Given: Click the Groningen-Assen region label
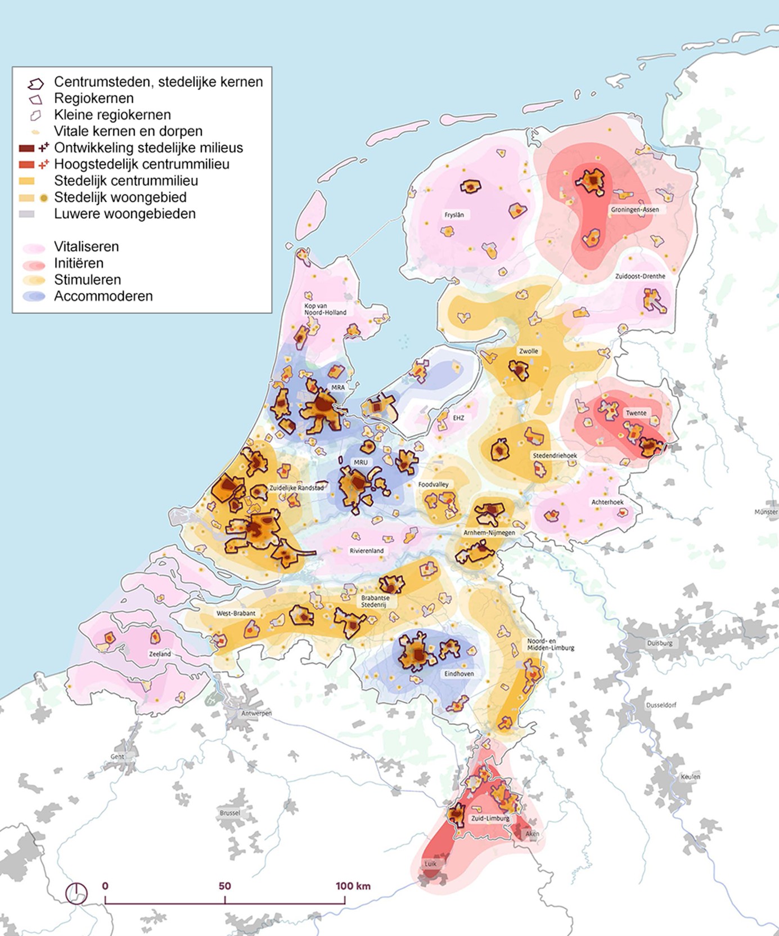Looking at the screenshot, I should click(x=634, y=209).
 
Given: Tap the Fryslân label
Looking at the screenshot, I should click(x=454, y=214).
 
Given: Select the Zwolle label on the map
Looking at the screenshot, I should click(x=528, y=351).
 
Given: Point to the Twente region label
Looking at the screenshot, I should click(x=636, y=413).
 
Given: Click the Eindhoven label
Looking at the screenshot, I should click(x=459, y=673).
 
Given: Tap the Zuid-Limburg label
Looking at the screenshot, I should click(x=490, y=818).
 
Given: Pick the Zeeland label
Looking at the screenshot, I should click(x=160, y=654).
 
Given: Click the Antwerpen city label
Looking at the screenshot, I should click(x=256, y=713).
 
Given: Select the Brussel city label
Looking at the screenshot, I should click(x=229, y=813).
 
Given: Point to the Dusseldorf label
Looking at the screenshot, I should click(x=661, y=705).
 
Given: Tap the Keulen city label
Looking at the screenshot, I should click(x=690, y=777).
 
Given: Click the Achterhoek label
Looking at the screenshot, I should click(x=607, y=501).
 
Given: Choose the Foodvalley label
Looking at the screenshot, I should click(x=433, y=484).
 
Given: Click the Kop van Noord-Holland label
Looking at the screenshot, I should click(x=325, y=309).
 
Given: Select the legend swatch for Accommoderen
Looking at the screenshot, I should click(x=34, y=296).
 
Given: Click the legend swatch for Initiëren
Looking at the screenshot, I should click(x=34, y=263).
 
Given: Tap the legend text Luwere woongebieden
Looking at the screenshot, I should click(x=125, y=214).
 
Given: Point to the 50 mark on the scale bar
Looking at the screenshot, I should click(x=224, y=885).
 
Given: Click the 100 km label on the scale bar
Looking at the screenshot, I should click(x=353, y=885).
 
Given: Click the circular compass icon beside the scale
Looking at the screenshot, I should click(x=76, y=893).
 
